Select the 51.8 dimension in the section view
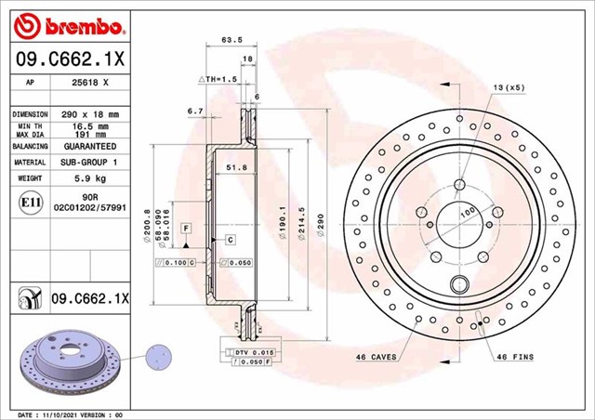(236, 167)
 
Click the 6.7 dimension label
(194, 111)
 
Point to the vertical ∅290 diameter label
(321, 223)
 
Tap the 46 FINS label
(516, 357)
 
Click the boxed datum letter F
(186, 228)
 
